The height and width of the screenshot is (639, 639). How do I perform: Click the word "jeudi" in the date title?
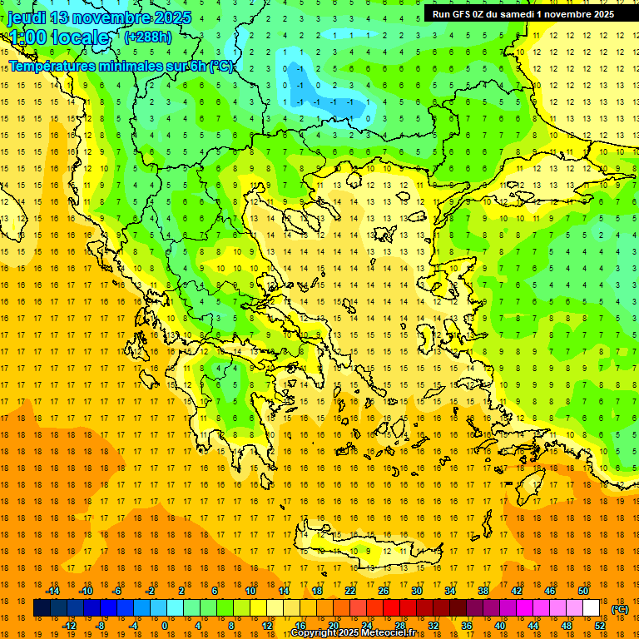point(26,17)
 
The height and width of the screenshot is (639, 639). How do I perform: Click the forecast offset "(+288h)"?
point(148,37)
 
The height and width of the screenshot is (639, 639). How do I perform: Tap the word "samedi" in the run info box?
point(515,13)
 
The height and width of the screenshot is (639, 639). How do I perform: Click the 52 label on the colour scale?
point(600,625)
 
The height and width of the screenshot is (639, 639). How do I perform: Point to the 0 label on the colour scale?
point(164,625)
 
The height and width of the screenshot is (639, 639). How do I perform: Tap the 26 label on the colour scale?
point(384,591)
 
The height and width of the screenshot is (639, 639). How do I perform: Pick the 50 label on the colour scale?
point(582,591)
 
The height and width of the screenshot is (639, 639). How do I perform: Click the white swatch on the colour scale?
point(591,608)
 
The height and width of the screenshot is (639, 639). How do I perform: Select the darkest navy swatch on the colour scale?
point(42,608)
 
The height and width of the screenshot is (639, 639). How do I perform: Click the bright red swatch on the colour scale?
point(392,608)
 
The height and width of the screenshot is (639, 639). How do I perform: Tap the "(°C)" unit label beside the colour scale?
point(619,608)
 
